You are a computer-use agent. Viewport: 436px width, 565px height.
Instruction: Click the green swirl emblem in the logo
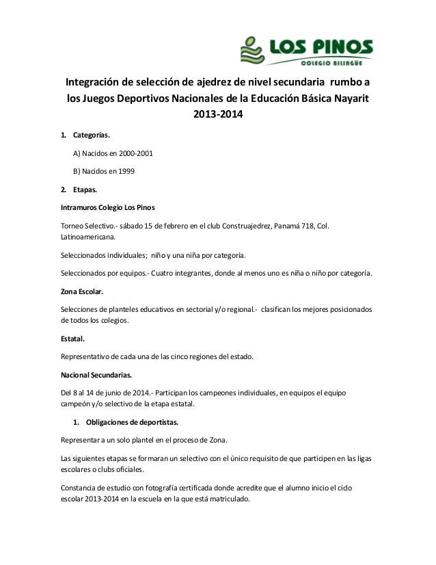(x=251, y=49)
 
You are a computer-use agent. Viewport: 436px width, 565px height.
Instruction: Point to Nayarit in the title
(x=349, y=98)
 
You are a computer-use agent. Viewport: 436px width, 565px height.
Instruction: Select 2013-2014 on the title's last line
(x=218, y=114)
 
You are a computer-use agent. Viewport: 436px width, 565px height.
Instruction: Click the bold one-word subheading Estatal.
(x=73, y=337)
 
